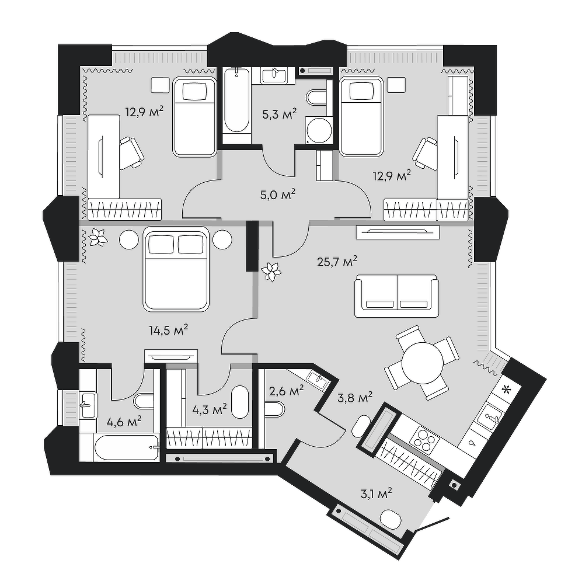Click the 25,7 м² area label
[x=337, y=262]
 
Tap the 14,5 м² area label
[x=169, y=329]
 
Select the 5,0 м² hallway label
[x=278, y=194]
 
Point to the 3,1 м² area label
[x=376, y=494]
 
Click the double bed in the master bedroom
[x=175, y=269]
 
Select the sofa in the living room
[x=396, y=296]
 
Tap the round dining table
[x=422, y=361]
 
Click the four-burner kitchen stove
[x=425, y=439]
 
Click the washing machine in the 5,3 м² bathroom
[x=319, y=130]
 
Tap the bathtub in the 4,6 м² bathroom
[x=127, y=448]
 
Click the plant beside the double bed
[x=98, y=237]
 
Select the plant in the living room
[x=271, y=272]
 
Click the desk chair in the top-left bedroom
[x=131, y=152]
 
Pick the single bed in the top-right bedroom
[x=361, y=116]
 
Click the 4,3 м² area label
[x=210, y=411]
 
